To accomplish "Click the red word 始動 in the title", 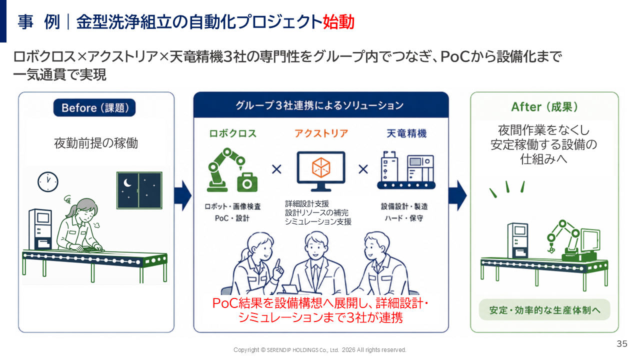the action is click(338, 21).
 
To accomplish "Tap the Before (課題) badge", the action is click(94, 107).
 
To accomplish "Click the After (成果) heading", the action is click(544, 107).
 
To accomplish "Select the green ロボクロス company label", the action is click(233, 133).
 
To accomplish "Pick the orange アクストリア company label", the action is click(321, 133).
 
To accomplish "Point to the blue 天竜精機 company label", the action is click(406, 133).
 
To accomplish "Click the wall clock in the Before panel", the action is click(47, 181).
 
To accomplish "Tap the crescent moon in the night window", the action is click(127, 182).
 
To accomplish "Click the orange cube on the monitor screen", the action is click(321, 167).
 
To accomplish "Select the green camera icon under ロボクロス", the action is click(247, 182).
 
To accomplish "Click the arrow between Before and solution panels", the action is click(183, 195).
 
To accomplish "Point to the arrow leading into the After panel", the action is click(457, 195).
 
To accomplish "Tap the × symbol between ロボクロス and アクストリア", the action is click(276, 169).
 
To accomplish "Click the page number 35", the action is click(622, 343).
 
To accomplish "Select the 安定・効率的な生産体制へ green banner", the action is click(544, 309).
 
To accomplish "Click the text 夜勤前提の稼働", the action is click(96, 143).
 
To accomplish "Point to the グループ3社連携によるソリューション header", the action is click(319, 105).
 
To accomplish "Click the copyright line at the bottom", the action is click(319, 350).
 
